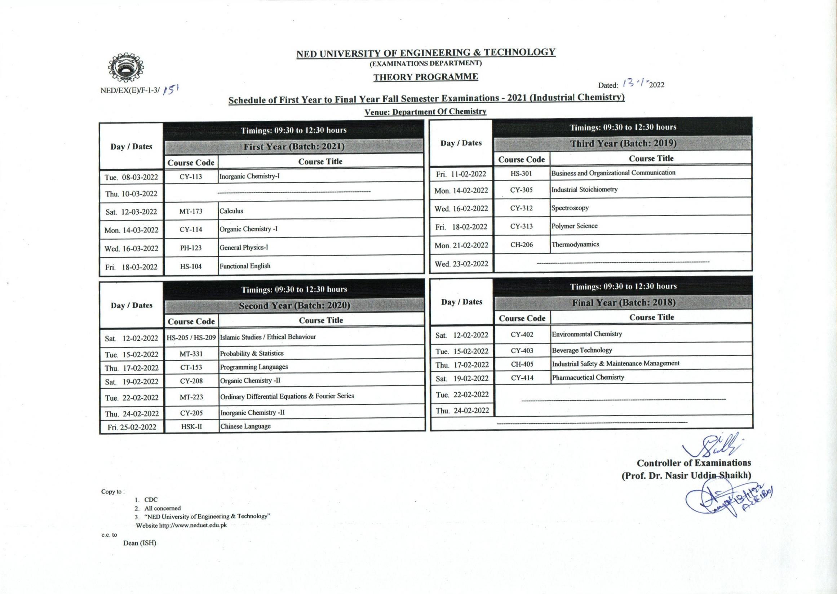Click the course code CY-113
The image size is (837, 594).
[191, 177]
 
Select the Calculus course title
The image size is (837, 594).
[231, 211]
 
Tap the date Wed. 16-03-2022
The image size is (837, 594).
[131, 249]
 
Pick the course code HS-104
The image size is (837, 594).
[191, 267]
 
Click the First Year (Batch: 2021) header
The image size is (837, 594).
[294, 147]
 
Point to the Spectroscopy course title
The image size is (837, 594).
[570, 208]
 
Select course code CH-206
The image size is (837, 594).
[521, 245]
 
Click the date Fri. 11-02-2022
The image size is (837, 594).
[461, 174]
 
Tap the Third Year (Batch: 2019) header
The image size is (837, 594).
[623, 144]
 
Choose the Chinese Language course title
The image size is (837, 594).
[245, 426]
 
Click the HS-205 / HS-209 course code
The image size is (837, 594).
[191, 338]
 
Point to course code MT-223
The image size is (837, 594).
[191, 397]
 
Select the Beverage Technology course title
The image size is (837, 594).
[582, 350]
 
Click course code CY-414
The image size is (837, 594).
[522, 378]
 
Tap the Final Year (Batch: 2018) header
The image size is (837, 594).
[623, 302]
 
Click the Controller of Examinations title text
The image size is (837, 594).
[694, 463]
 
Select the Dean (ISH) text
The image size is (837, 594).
[140, 543]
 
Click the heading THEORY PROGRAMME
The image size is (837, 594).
[425, 77]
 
